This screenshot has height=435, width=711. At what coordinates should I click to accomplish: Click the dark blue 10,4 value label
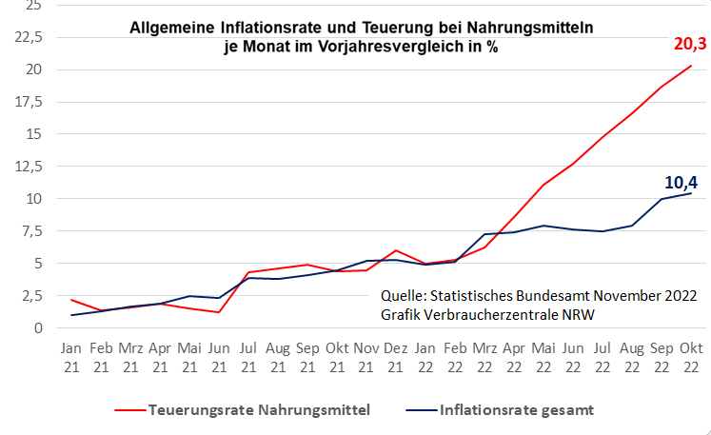680,183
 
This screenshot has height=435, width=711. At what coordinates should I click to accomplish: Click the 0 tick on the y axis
37,328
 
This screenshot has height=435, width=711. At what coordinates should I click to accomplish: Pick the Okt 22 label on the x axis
690,357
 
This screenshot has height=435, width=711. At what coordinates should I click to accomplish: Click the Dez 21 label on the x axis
395,357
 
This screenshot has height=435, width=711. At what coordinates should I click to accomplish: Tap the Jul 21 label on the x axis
247,357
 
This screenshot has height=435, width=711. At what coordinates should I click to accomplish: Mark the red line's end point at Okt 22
690,66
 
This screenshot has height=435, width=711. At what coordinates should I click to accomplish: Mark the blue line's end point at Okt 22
690,193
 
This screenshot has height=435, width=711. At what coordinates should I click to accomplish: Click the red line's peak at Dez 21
395,250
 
